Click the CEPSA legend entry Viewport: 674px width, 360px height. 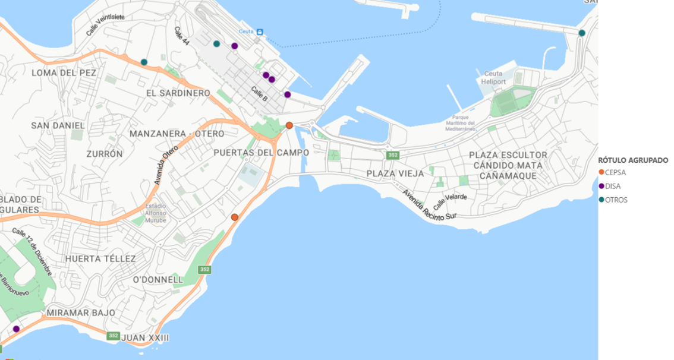click(x=616, y=172)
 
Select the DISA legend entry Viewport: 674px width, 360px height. click(x=612, y=186)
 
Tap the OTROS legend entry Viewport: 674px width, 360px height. click(x=616, y=200)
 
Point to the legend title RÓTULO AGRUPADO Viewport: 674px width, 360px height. click(x=633, y=160)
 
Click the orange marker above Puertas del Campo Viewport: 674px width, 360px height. click(x=289, y=125)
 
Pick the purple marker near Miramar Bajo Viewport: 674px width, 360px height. click(x=16, y=329)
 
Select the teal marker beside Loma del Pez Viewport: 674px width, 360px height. click(x=144, y=62)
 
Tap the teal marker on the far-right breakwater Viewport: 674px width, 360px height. click(x=582, y=33)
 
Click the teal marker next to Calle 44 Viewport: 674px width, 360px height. click(x=217, y=44)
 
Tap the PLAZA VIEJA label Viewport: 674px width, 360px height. click(x=395, y=173)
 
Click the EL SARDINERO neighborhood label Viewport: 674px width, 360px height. click(x=178, y=93)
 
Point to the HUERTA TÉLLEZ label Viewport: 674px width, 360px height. click(x=100, y=258)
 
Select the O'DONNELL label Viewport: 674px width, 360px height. click(x=158, y=279)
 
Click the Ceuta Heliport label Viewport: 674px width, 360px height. click(x=492, y=77)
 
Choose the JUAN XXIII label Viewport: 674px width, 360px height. click(x=145, y=338)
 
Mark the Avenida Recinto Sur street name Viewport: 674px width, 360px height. click(x=429, y=206)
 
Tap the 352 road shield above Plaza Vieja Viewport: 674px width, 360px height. click(x=392, y=155)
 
